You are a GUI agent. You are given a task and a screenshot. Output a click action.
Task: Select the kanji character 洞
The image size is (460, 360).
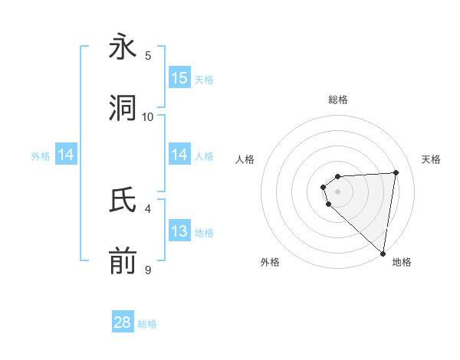(123, 109)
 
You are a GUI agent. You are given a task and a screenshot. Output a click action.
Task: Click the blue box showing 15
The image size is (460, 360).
(179, 78)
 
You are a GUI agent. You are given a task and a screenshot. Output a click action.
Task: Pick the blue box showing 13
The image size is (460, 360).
(179, 231)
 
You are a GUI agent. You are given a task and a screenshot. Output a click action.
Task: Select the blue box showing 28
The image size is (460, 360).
(123, 322)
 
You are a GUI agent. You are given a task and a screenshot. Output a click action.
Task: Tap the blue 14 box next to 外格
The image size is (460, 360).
(66, 155)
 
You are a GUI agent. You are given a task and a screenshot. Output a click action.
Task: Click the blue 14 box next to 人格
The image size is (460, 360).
(179, 155)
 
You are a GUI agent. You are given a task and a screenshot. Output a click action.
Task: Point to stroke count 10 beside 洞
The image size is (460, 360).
(148, 116)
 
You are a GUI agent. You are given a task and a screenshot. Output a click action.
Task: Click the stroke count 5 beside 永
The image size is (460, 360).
(148, 55)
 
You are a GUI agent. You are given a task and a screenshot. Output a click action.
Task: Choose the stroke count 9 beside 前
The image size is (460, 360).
(148, 270)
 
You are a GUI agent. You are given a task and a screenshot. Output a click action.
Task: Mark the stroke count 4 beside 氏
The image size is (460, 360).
(148, 208)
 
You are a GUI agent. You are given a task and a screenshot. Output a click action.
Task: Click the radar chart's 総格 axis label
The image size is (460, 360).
(338, 100)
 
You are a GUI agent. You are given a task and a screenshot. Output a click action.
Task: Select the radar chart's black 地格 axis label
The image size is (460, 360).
(402, 263)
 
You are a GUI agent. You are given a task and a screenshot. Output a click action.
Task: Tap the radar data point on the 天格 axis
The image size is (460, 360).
(396, 172)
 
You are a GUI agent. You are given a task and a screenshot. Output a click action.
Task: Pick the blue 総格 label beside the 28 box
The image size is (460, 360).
(147, 324)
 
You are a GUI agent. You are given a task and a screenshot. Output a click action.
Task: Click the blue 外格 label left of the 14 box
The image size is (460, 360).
(41, 156)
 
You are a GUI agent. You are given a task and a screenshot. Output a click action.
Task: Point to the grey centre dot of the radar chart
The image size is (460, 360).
(338, 191)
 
